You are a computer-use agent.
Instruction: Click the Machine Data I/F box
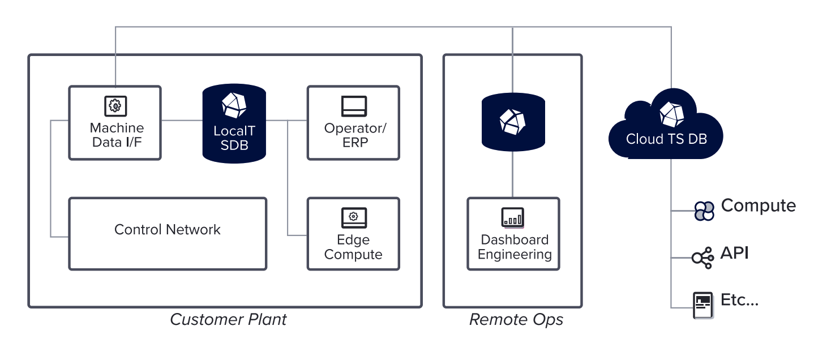[115, 123]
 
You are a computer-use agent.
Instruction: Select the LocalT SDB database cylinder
[234, 123]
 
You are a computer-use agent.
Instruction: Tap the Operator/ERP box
[353, 123]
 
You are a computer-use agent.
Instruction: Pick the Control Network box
[168, 233]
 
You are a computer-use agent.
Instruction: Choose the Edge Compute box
[353, 234]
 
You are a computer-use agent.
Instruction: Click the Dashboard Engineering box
[513, 234]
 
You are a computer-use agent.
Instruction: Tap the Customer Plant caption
[228, 320]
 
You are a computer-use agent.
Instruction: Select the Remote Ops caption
[516, 320]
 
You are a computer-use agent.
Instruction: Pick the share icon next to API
[702, 258]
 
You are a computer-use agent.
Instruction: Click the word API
[734, 253]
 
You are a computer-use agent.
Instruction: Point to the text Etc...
[739, 300]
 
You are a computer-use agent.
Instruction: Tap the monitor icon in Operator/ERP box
[354, 106]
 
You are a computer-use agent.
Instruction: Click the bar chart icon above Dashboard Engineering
[513, 217]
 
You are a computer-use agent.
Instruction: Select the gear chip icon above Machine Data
[115, 105]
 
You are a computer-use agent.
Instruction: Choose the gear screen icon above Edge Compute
[353, 217]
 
